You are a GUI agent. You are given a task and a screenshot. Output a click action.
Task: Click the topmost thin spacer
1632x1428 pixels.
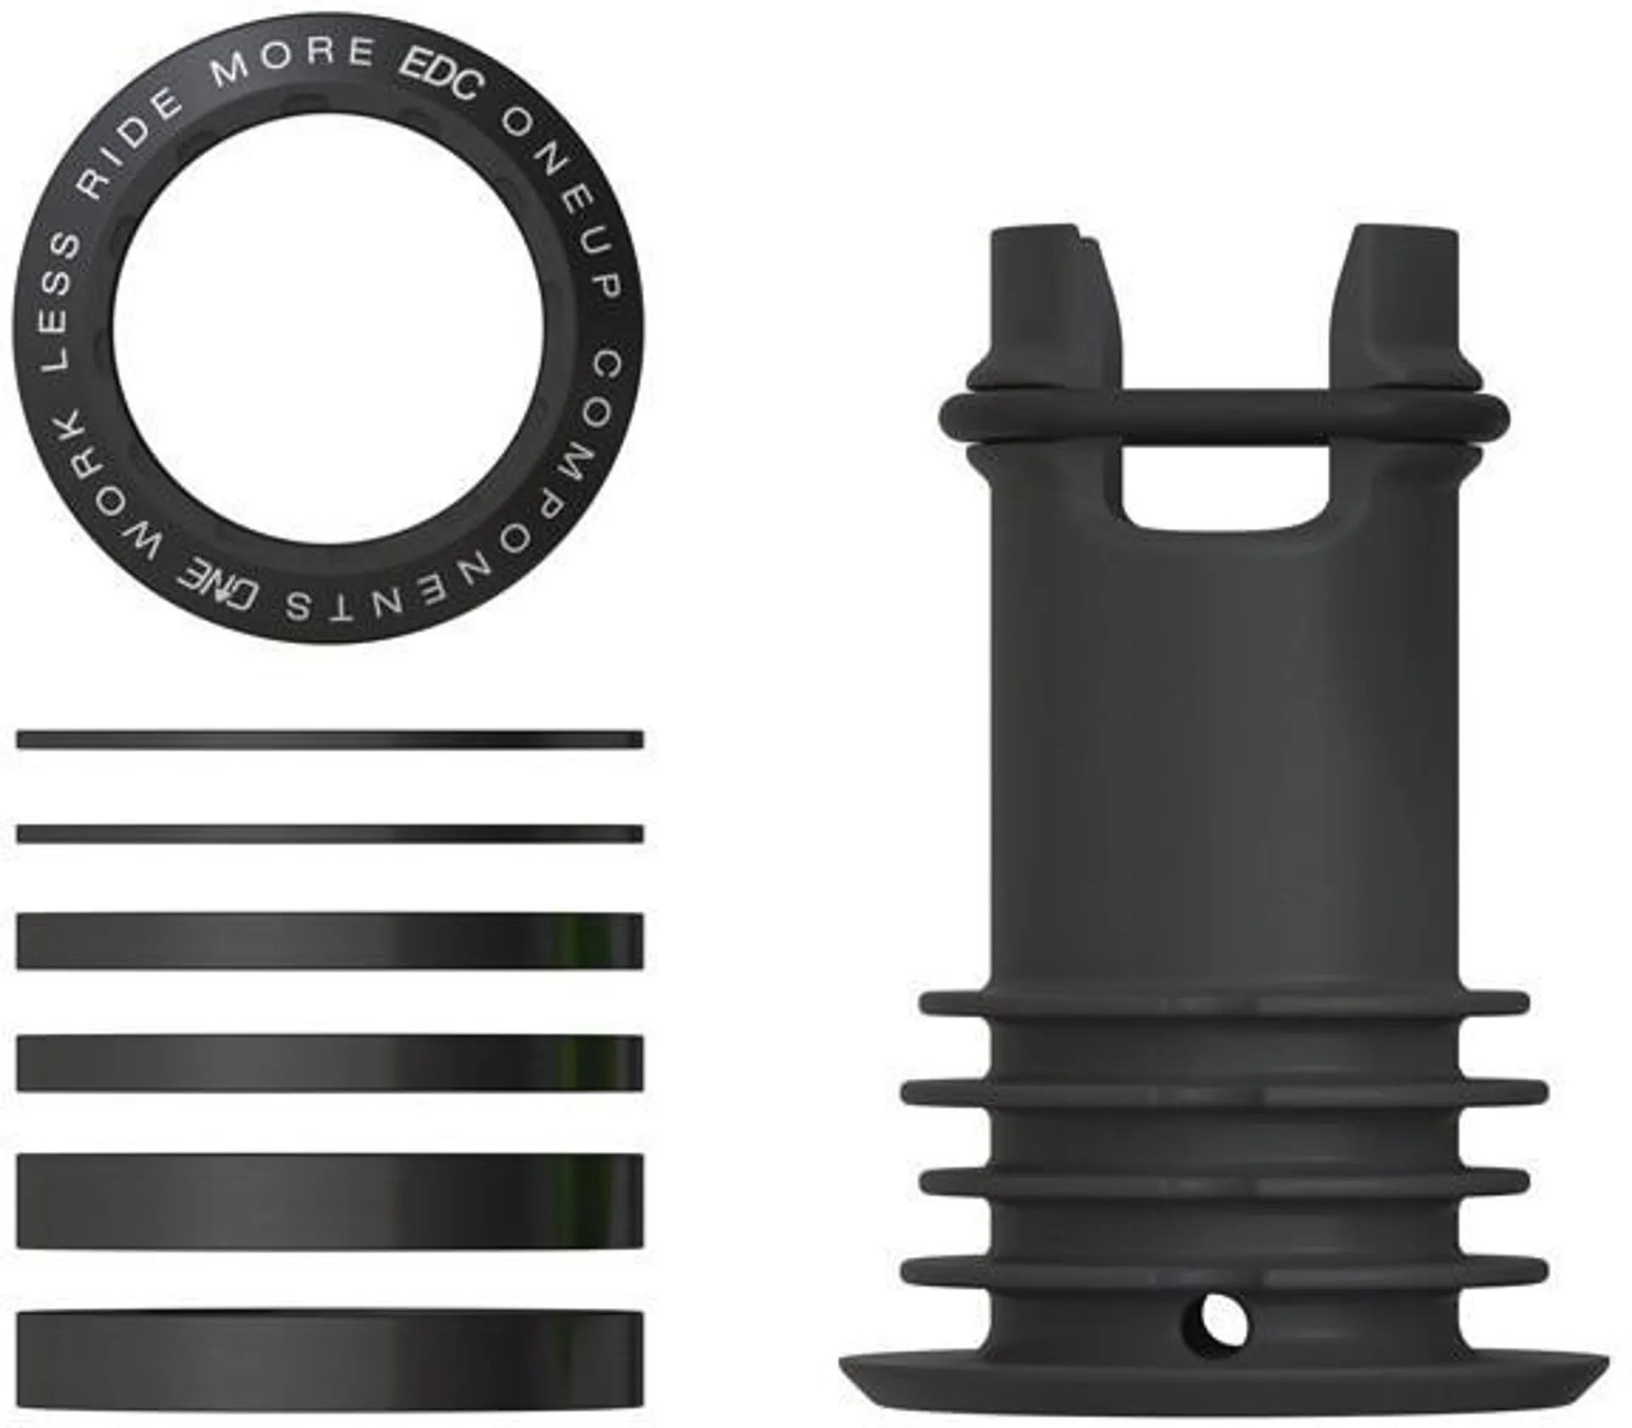[x=330, y=739]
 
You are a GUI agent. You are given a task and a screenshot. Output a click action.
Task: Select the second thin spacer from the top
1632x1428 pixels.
[x=330, y=834]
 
